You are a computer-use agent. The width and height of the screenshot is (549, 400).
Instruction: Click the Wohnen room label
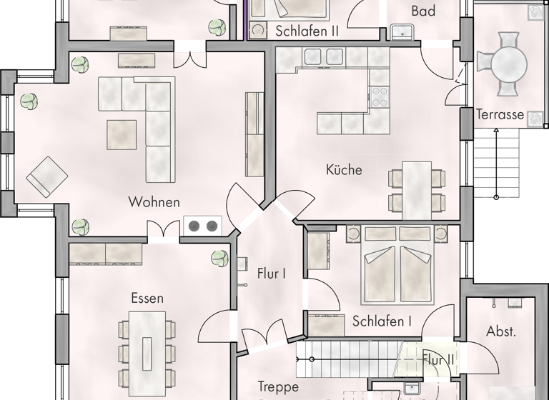pyautogui.click(x=154, y=202)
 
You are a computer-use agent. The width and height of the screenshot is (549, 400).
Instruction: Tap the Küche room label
pyautogui.click(x=344, y=170)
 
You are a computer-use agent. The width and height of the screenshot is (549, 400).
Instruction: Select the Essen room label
pyautogui.click(x=147, y=298)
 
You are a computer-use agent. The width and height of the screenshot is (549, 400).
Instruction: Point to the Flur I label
pyautogui.click(x=272, y=273)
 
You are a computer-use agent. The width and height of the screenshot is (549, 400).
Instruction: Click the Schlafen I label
pyautogui.click(x=382, y=322)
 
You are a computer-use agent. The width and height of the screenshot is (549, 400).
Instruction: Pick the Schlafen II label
pyautogui.click(x=307, y=31)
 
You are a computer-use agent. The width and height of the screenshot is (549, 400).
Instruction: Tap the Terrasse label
pyautogui.click(x=500, y=114)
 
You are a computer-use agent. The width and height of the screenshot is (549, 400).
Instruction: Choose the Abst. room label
pyautogui.click(x=501, y=331)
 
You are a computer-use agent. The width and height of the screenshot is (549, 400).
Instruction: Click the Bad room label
pyautogui.click(x=424, y=11)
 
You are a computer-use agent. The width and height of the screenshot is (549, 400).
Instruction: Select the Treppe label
pyautogui.click(x=277, y=386)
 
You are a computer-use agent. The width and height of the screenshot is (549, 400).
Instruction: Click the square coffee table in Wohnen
pyautogui.click(x=122, y=134)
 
